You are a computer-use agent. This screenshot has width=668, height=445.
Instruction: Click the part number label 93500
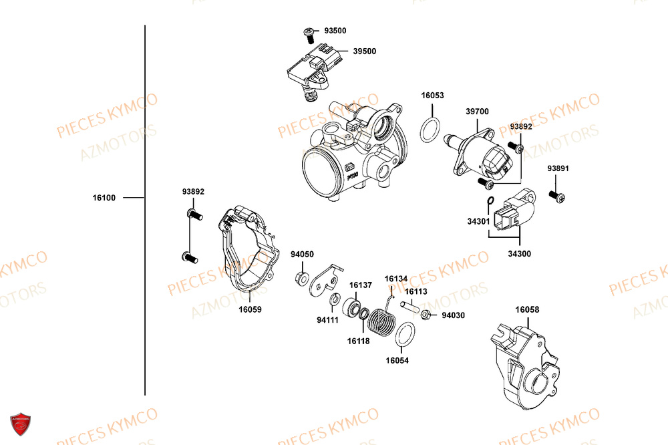click(x=335, y=31)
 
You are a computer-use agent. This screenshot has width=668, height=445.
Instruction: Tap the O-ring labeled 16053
click(x=432, y=130)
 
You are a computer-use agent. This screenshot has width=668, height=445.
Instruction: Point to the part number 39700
click(x=477, y=112)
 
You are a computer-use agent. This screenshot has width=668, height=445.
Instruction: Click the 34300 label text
click(x=519, y=254)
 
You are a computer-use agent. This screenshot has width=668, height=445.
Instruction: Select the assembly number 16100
click(x=104, y=198)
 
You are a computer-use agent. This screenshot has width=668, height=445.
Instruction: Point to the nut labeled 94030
click(x=426, y=315)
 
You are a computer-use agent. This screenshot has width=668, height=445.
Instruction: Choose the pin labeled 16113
click(x=410, y=307)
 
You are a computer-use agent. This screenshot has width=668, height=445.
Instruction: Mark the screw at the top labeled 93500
click(x=311, y=31)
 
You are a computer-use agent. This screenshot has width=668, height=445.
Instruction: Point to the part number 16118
click(x=358, y=341)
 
